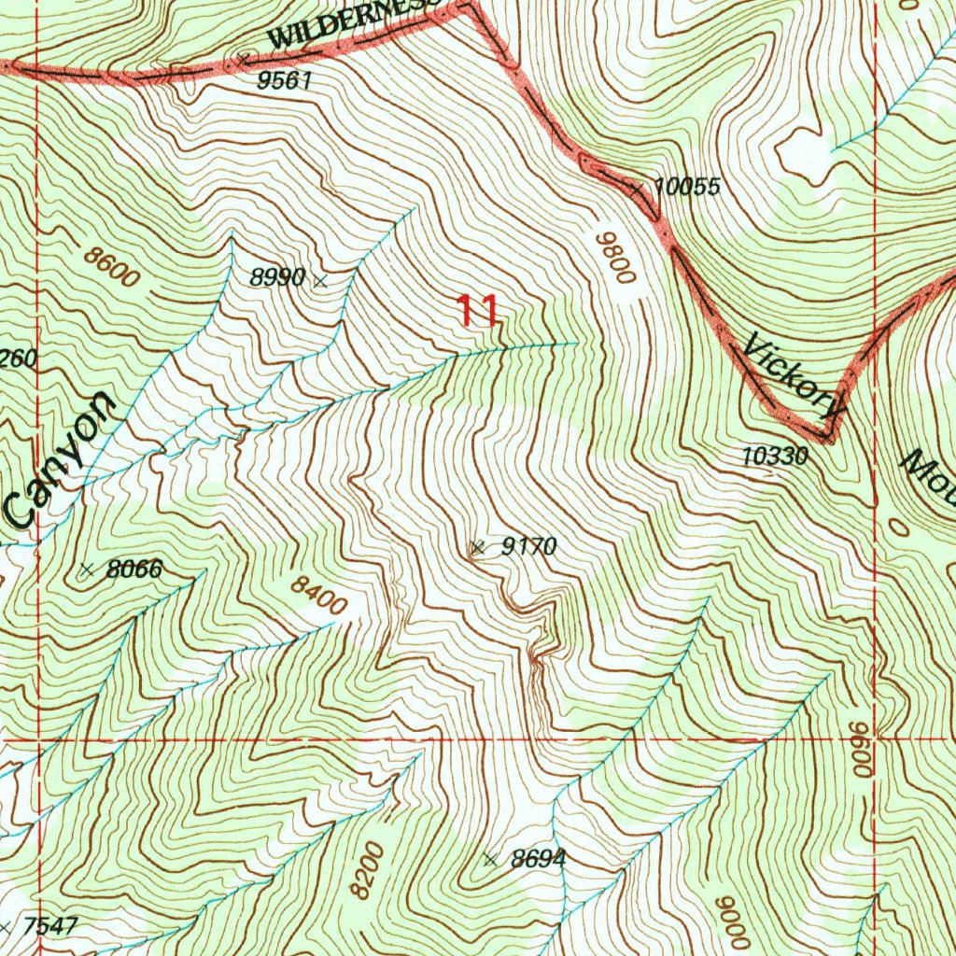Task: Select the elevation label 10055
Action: coord(687,187)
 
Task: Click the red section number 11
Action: coord(477,311)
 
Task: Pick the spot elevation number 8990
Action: coord(276,277)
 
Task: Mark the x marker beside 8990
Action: coord(321,279)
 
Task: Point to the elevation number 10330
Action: coord(775,457)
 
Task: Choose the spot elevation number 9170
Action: coord(528,547)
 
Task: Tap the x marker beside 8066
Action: coord(88,569)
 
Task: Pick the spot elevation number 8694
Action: coord(538,859)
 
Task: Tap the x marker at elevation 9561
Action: coord(245,59)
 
